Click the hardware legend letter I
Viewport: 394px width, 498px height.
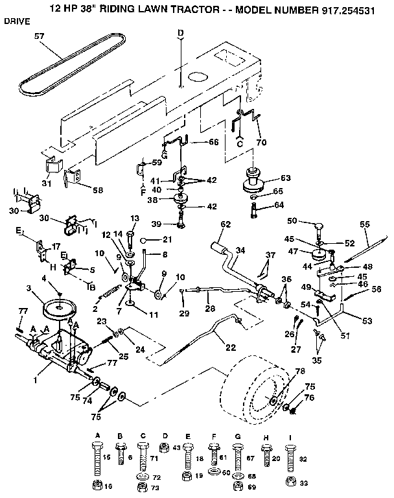click(x=289, y=436)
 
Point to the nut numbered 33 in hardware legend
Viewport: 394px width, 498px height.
click(x=303, y=482)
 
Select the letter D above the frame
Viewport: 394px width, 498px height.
click(x=181, y=32)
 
